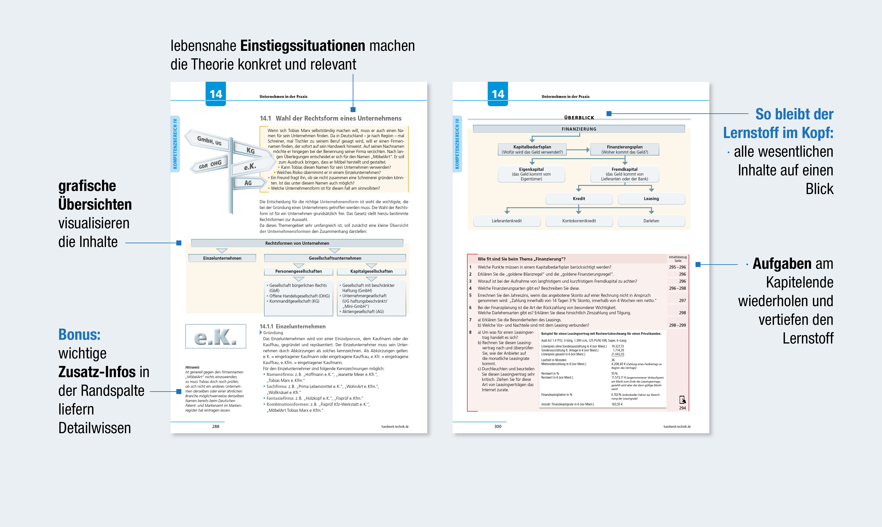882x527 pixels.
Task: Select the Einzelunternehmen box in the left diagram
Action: [222, 258]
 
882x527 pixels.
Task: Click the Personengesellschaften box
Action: [298, 271]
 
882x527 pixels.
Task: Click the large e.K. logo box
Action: [216, 336]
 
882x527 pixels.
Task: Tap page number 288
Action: [216, 427]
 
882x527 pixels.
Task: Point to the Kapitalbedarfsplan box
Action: [532, 149]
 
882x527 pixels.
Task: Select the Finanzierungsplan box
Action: [624, 149]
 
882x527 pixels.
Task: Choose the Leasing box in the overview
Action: [651, 198]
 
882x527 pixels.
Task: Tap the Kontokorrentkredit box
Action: [579, 221]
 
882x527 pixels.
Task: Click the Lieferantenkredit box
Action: [507, 221]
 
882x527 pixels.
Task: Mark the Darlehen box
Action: [651, 221]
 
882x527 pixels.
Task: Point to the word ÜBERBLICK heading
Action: [579, 117]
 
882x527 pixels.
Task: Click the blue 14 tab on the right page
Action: [498, 94]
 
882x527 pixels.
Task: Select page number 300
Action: [498, 427]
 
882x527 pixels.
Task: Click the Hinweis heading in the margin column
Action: [192, 367]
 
